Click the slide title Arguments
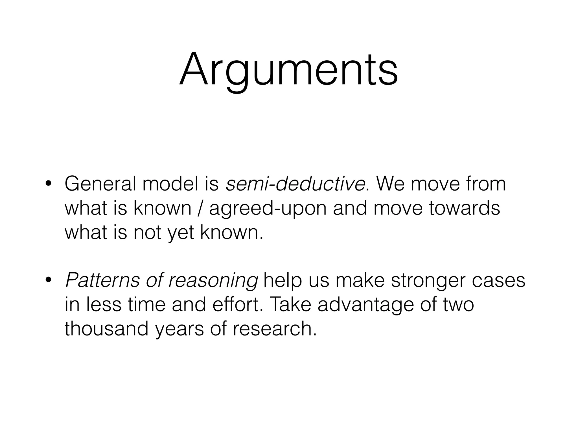pyautogui.click(x=288, y=70)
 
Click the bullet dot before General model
pyautogui.click(x=48, y=184)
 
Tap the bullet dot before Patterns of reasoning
pyautogui.click(x=48, y=280)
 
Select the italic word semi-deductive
pyautogui.click(x=295, y=184)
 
